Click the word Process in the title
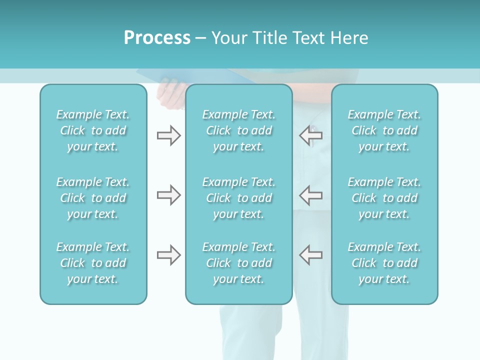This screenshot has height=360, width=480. [x=157, y=38]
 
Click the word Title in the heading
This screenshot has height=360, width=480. [x=269, y=38]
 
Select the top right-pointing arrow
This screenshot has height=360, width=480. [x=168, y=135]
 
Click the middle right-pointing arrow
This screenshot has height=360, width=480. [x=168, y=195]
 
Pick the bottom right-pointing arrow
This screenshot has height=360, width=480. [x=168, y=255]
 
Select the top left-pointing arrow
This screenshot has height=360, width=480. [x=310, y=135]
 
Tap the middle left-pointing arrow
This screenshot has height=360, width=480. [x=310, y=195]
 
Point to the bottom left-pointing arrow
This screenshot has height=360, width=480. [x=310, y=255]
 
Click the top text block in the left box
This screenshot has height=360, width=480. [x=93, y=130]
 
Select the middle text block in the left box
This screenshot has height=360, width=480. [x=93, y=198]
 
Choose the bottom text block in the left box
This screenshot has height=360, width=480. [x=93, y=263]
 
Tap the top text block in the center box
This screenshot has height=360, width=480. [x=239, y=130]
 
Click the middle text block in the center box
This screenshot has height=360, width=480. [x=239, y=198]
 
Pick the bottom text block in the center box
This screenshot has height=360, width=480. [x=239, y=263]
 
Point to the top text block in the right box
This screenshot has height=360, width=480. [x=384, y=130]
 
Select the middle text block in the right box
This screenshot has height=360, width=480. [x=384, y=198]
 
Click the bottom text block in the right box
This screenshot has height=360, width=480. [x=384, y=263]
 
